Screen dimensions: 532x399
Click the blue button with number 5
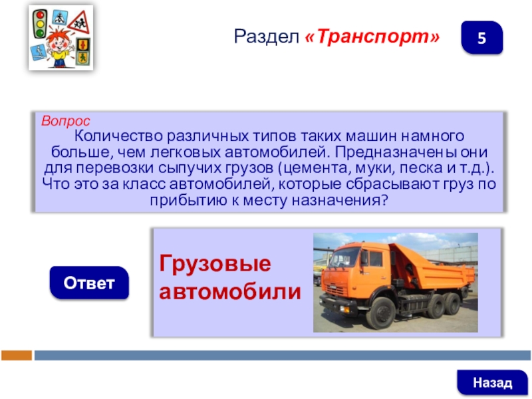pos(481,38)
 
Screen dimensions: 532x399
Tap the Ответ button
pos(89,283)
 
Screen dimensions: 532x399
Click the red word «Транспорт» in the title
pos(372,37)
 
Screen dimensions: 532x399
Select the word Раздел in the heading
pos(267,37)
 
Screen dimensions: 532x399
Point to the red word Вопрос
pos(65,121)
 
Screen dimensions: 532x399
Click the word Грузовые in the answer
pos(215,263)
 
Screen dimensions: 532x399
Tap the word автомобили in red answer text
pos(230,291)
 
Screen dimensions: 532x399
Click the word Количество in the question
pos(118,136)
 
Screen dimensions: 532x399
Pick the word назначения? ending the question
pos(340,200)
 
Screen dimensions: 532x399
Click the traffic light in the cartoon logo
pos(40,23)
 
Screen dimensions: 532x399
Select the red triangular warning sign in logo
pos(79,23)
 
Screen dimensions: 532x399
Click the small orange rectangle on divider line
pos(17,355)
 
